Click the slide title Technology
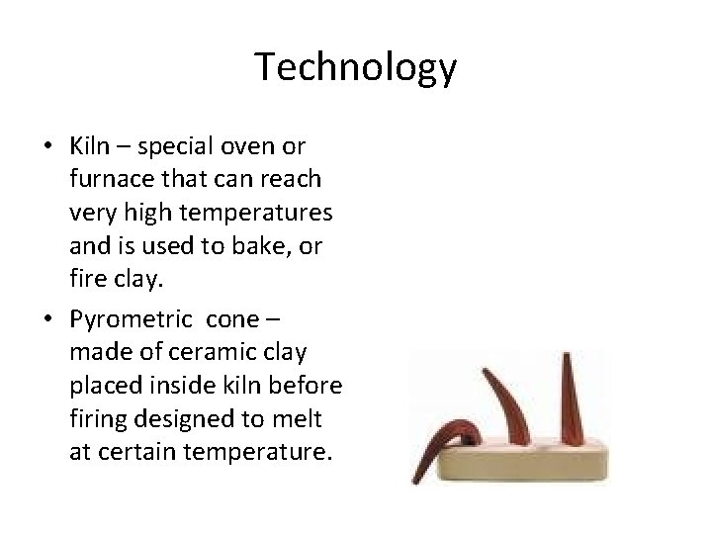[x=356, y=68]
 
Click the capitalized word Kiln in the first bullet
[x=89, y=146]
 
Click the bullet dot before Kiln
[x=48, y=147]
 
